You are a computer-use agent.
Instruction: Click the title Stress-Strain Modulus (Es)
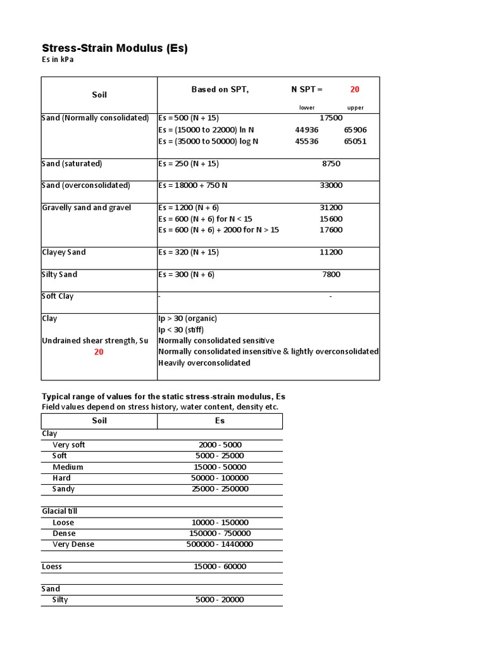pyautogui.click(x=115, y=48)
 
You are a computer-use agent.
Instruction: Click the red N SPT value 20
pyautogui.click(x=355, y=90)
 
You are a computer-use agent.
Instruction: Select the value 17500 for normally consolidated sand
pyautogui.click(x=331, y=118)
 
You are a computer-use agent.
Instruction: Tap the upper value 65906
pyautogui.click(x=355, y=130)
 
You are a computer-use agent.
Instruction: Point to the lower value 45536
pyautogui.click(x=307, y=141)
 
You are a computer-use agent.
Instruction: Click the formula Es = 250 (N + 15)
pyautogui.click(x=189, y=164)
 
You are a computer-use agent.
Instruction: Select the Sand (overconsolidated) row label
pyautogui.click(x=85, y=185)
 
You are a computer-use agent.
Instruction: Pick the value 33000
pyautogui.click(x=331, y=185)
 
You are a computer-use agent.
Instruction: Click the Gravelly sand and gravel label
pyautogui.click(x=87, y=208)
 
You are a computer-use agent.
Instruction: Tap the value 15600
pyautogui.click(x=331, y=219)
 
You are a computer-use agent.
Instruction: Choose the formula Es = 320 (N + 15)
pyautogui.click(x=189, y=252)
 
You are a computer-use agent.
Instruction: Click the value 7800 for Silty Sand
pyautogui.click(x=331, y=275)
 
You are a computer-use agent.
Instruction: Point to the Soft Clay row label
pyautogui.click(x=58, y=296)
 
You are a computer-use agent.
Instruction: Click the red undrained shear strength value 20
pyautogui.click(x=99, y=352)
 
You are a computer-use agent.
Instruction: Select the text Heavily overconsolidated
pyautogui.click(x=204, y=363)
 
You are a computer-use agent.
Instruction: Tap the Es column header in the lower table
pyautogui.click(x=220, y=421)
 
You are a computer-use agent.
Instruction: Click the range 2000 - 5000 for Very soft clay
pyautogui.click(x=220, y=445)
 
